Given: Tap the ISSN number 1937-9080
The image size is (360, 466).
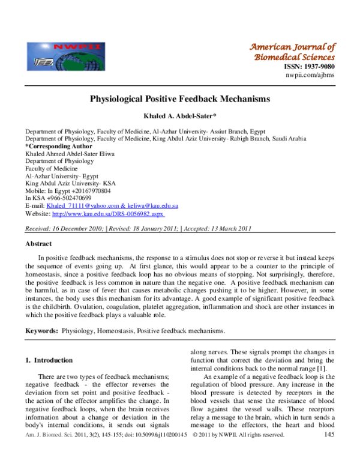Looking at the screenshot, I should coord(310,67).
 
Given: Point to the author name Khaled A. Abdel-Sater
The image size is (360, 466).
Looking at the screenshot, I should coord(179,115).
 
